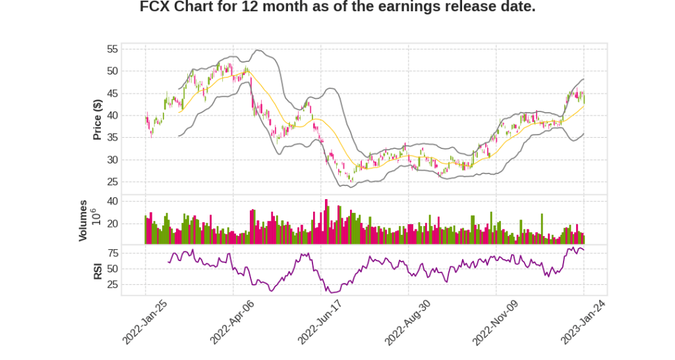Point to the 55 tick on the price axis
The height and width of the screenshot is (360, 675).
(x=112, y=49)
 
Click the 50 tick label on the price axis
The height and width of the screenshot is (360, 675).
(x=112, y=71)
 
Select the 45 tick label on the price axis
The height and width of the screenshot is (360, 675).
(x=112, y=94)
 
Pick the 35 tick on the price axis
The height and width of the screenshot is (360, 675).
(x=112, y=138)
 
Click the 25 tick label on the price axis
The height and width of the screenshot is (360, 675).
(x=112, y=182)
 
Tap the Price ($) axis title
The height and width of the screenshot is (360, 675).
(x=98, y=119)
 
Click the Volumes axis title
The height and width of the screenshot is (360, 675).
(x=83, y=220)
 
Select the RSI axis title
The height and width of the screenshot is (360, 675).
(x=98, y=270)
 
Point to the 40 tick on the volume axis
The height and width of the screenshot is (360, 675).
(x=112, y=201)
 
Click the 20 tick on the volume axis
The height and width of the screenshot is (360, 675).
(x=112, y=224)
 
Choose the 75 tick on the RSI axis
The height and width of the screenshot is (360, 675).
(x=112, y=253)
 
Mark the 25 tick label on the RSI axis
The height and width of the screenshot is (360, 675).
(x=112, y=285)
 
